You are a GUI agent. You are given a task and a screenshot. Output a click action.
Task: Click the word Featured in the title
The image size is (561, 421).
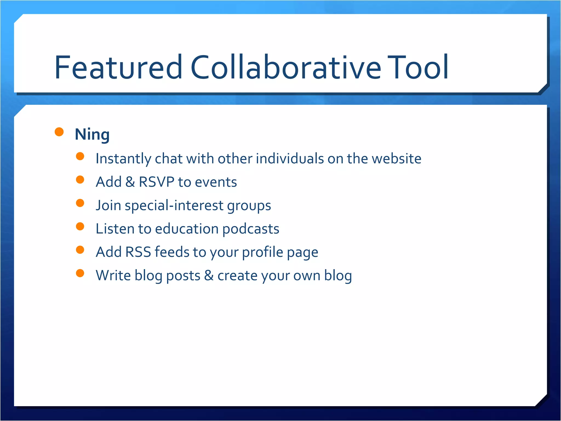tap(118, 67)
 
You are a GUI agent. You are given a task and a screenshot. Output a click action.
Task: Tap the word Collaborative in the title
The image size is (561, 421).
tap(286, 67)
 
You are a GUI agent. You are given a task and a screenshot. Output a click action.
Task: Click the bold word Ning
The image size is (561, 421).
tap(92, 134)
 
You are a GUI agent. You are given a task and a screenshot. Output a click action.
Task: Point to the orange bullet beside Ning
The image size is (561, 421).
tap(59, 132)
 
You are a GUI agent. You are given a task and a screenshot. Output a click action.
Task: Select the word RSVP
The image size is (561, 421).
tap(156, 182)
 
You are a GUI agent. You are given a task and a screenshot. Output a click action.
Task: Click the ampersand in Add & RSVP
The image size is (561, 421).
tap(130, 182)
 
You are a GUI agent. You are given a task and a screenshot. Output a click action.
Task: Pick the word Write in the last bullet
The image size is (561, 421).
tap(113, 275)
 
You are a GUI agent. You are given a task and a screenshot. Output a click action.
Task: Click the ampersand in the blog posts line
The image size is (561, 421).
tap(209, 275)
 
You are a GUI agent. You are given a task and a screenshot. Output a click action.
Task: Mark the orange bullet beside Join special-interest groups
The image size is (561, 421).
tap(80, 203)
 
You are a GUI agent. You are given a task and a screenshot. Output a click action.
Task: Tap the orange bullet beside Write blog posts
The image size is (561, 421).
tap(80, 273)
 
